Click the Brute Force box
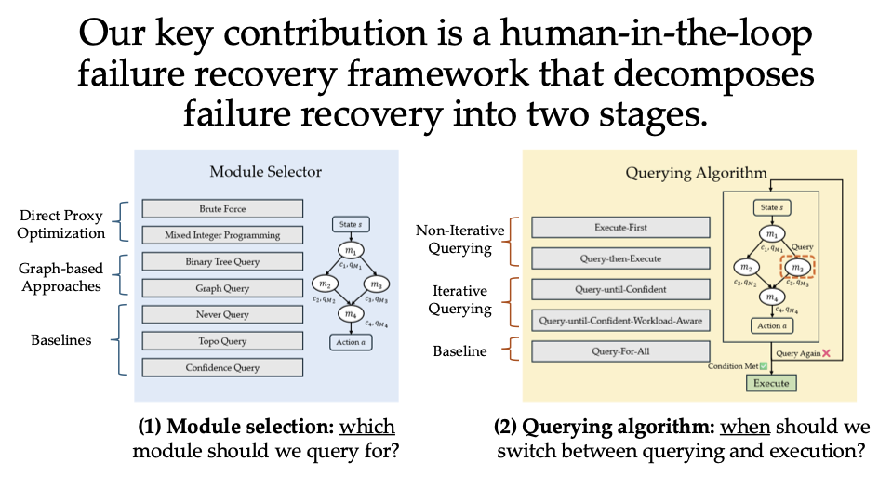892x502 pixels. pos(222,209)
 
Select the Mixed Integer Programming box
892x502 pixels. pos(222,235)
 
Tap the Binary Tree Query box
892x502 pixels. pos(222,262)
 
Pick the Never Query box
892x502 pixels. pos(222,315)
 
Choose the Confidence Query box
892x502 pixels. pos(222,368)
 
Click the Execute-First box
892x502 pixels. pos(620,228)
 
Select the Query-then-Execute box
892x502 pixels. pos(620,258)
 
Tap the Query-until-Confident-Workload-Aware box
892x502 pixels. pos(620,322)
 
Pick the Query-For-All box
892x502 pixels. pos(620,351)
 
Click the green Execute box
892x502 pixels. pos(770,383)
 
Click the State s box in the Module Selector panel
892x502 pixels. pos(349,225)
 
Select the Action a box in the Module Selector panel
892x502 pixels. pos(349,343)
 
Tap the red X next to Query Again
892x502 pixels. pos(824,354)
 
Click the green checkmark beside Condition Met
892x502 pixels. pos(763,366)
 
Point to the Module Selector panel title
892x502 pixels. pos(265,171)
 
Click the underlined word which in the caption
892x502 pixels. pos(366,427)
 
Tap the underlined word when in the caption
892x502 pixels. pos(746,427)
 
